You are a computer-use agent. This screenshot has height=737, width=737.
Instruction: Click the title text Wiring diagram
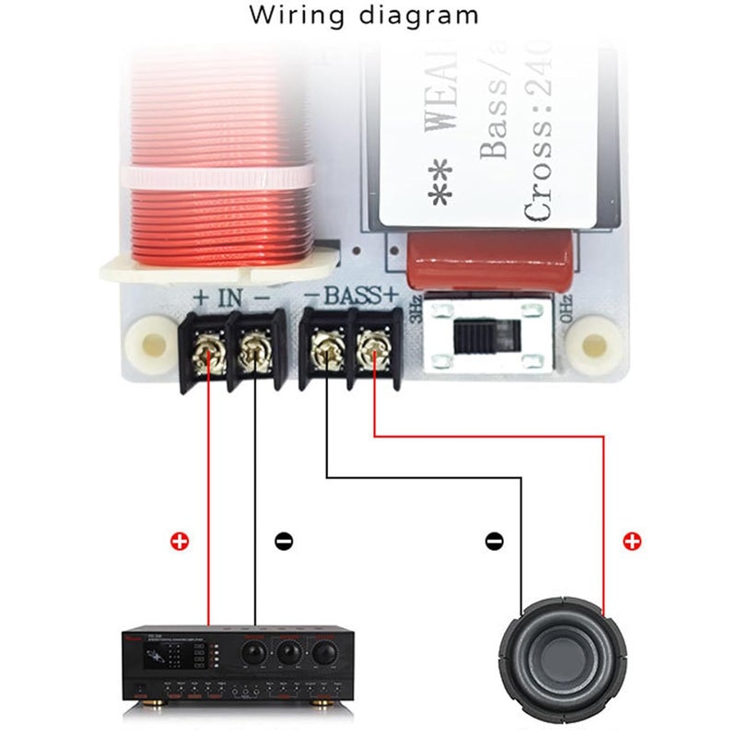click(365, 16)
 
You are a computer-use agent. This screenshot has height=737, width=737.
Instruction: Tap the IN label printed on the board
click(230, 298)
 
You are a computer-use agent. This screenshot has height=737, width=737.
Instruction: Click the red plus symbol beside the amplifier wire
click(180, 541)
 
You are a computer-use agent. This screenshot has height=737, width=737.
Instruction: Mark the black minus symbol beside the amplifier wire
click(285, 541)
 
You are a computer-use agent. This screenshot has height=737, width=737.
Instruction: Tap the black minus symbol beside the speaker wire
click(496, 541)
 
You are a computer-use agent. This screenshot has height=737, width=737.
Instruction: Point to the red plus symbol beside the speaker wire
click(632, 541)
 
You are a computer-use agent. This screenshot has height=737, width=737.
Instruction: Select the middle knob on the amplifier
click(289, 652)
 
